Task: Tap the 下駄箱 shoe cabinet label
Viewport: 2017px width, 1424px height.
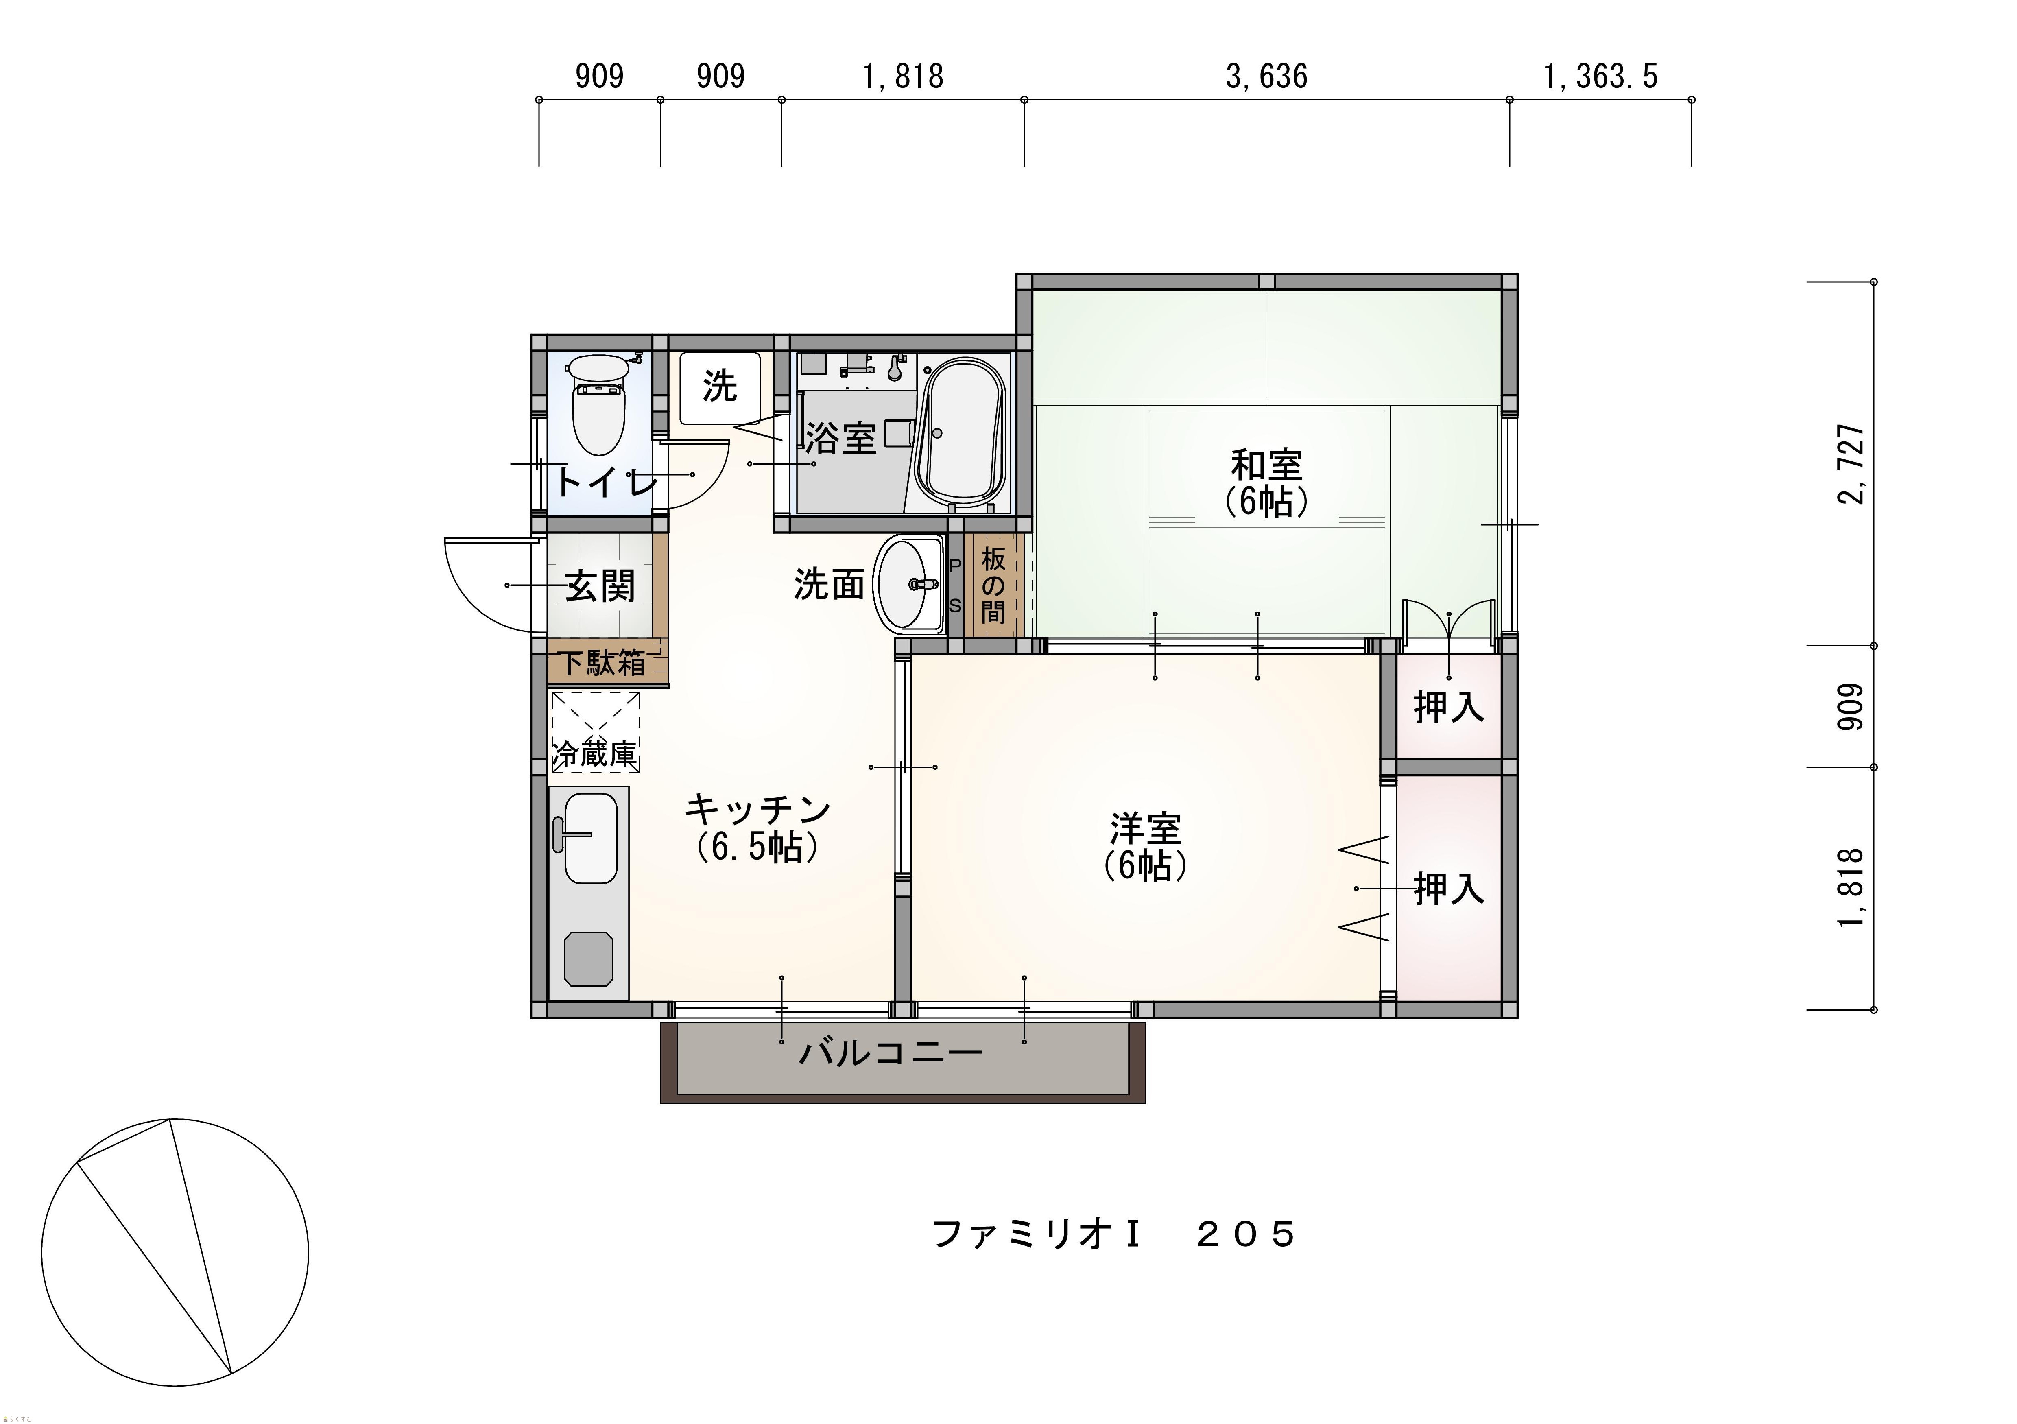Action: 604,662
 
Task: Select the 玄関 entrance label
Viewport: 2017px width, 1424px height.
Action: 600,585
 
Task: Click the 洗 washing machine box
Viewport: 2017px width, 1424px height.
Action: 720,387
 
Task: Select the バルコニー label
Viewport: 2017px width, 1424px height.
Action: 890,1052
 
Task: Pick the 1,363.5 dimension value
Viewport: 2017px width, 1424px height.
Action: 1600,76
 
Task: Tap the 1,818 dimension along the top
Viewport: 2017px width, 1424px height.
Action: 903,76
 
